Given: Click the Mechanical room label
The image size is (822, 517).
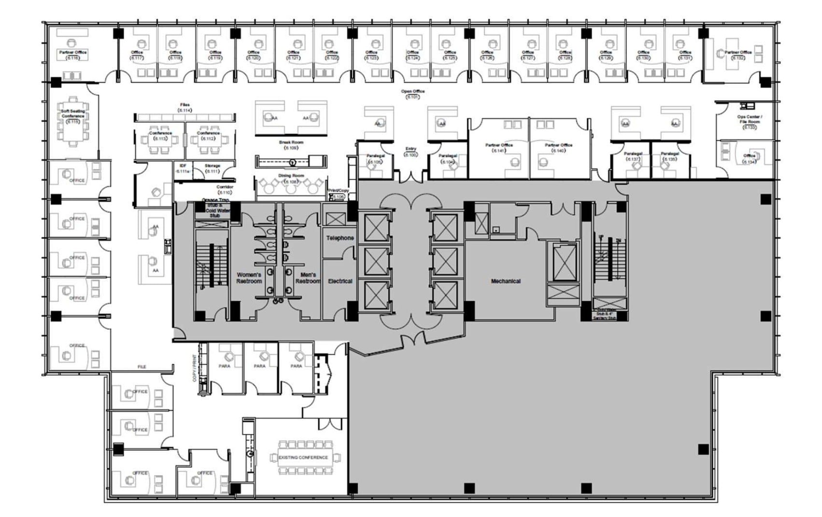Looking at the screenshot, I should (506, 281).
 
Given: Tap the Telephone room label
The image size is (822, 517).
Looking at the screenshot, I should (340, 238).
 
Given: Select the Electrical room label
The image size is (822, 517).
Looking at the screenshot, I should (340, 281).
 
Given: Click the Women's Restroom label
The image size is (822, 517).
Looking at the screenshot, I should (249, 278).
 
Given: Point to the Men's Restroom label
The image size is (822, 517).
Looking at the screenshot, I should (308, 278).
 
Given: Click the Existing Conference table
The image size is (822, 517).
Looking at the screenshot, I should (303, 457).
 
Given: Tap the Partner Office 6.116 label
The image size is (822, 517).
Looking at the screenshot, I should (73, 55).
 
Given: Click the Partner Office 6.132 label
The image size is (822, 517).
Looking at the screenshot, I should (738, 55).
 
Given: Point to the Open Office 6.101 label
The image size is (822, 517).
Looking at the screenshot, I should (412, 94).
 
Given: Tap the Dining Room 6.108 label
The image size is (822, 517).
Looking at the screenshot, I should (291, 178).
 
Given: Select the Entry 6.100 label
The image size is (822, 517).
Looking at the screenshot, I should (411, 152).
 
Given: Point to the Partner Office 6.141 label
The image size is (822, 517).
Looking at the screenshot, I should (499, 147).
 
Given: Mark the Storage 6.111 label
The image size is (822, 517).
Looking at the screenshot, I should (213, 168).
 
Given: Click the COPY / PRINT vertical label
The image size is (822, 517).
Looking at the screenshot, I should (195, 368).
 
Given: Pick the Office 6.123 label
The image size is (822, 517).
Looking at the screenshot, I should (371, 55).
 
